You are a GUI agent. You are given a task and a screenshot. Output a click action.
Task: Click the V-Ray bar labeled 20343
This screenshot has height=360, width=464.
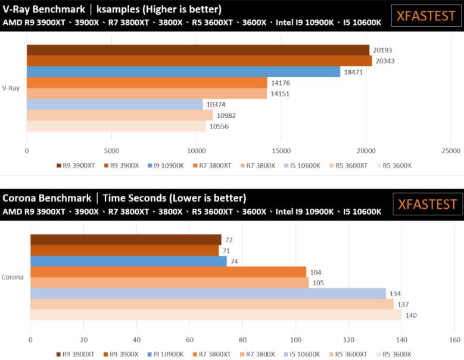199,61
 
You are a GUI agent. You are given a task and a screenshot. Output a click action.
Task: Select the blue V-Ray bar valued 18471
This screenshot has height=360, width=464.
183,71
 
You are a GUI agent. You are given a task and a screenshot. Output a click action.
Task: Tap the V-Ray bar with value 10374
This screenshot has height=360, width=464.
114,104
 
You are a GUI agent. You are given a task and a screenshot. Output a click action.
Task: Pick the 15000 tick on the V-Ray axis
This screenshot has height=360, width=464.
280,151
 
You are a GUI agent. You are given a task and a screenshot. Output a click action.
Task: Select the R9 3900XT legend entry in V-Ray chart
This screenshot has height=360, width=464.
77,165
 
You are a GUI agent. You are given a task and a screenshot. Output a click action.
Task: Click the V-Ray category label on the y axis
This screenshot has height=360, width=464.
11,88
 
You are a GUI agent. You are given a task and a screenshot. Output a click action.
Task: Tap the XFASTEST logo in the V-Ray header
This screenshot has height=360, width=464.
426,16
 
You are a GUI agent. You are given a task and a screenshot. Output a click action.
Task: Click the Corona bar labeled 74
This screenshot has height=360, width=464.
128,261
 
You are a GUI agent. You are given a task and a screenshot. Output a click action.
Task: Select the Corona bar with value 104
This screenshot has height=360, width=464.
168,272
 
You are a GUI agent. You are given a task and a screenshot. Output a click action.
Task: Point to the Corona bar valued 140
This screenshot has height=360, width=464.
216,315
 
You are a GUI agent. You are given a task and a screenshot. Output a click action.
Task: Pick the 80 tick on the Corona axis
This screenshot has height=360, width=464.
242,340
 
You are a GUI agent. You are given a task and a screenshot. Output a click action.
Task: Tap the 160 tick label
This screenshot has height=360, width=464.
454,340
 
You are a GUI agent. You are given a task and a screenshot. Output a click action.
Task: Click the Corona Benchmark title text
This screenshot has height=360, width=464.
47,198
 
